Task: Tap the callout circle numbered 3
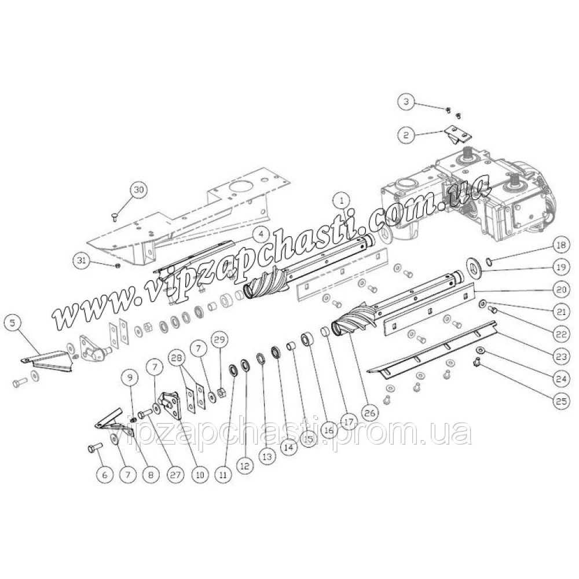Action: [x=407, y=102]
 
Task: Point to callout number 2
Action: [x=407, y=135]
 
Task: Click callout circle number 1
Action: [x=342, y=200]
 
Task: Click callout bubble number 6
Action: [x=105, y=475]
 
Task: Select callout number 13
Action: [x=266, y=456]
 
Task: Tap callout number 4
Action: [x=261, y=234]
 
